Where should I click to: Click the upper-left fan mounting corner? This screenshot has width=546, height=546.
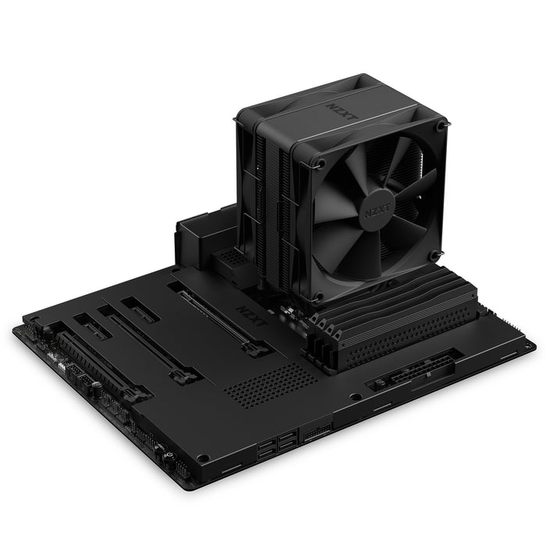(x=319, y=163)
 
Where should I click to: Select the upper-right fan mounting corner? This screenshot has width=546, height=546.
(x=441, y=125)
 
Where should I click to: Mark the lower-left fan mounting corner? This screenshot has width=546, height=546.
(x=319, y=296)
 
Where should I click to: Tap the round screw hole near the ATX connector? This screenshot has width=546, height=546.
(x=356, y=396)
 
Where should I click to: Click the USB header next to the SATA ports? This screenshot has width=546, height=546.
(x=316, y=431)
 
